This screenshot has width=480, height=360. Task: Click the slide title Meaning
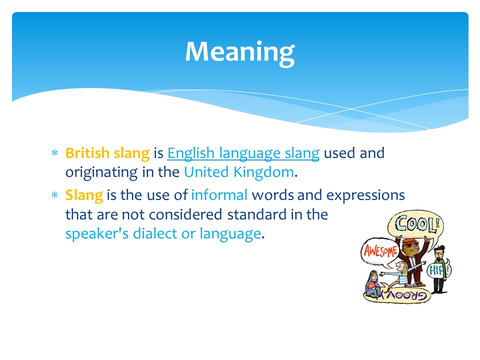point(239,52)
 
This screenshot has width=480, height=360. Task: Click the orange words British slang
point(107,153)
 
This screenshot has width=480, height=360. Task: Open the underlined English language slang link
point(243,153)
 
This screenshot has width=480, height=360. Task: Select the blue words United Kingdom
point(239,172)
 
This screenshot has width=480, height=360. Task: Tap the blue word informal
point(219,195)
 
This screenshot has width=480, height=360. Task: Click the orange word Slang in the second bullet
point(84,195)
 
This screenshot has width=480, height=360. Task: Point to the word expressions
point(365,195)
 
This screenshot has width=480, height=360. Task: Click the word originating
point(101,172)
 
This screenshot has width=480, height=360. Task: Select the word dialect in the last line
point(155,233)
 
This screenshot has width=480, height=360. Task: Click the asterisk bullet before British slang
point(55,153)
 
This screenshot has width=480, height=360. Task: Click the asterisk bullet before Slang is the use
point(55,195)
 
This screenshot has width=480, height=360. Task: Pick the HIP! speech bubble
point(439,270)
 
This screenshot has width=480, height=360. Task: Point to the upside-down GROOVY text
point(401,295)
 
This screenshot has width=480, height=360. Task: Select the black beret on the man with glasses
point(440,248)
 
